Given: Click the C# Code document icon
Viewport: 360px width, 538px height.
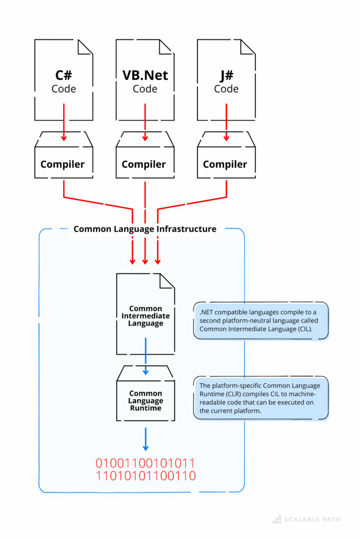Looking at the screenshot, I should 64,80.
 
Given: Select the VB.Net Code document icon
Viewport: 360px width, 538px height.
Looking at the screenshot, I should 145,80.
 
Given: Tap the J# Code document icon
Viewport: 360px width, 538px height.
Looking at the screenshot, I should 226,80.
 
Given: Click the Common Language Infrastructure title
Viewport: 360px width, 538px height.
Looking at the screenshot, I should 145,229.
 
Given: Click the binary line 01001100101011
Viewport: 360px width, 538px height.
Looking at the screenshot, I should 145,463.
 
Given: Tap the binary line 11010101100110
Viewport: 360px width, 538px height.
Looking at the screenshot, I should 145,477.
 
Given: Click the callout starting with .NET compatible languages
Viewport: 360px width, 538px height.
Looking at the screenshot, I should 261,320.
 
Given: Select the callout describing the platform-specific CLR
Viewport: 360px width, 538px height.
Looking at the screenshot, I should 261,398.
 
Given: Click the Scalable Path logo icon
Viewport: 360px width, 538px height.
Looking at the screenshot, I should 277,519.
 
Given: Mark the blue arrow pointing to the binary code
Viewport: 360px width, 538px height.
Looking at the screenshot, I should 146,439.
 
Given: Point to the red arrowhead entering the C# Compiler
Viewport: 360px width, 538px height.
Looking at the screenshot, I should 64,138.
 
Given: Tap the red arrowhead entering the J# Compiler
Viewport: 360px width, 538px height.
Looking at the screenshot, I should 226,138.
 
